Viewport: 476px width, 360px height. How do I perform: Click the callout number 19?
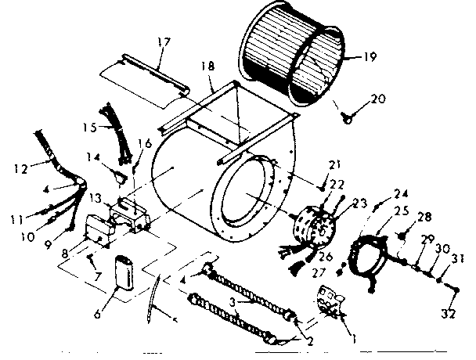click(x=371, y=56)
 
